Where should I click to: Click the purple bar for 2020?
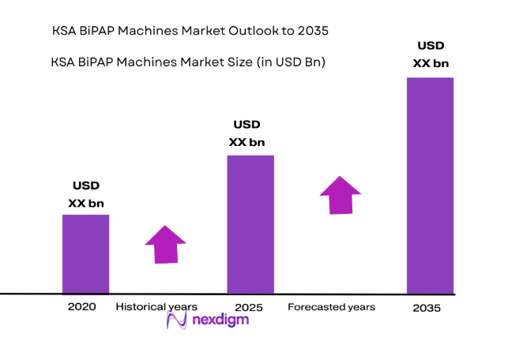(85, 253)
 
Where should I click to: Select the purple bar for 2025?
(250, 224)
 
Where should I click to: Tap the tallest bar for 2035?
(430, 186)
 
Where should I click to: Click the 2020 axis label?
(82, 306)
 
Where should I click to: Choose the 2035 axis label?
(427, 308)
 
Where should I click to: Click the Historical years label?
(156, 306)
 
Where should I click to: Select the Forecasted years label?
(331, 306)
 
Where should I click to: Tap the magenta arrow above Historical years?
(166, 245)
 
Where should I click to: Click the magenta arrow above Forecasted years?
(340, 194)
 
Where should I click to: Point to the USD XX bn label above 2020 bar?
(86, 195)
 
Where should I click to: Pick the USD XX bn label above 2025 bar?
(247, 133)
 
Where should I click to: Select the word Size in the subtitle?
(228, 61)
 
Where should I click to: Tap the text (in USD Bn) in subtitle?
(287, 61)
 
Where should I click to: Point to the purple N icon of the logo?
(176, 320)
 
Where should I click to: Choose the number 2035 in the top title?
(312, 31)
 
